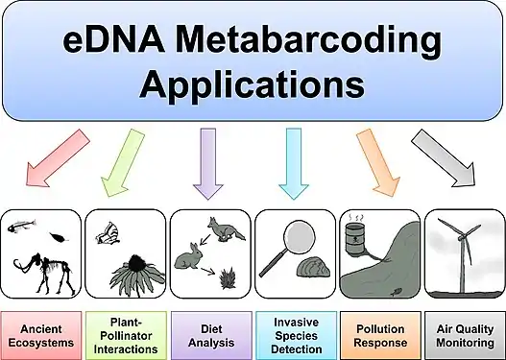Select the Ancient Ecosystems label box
click(42, 334)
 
